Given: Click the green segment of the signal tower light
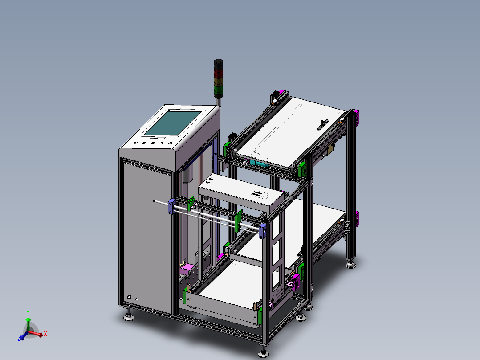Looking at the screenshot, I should coord(218,92).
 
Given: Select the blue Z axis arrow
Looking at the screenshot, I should coord(21,337).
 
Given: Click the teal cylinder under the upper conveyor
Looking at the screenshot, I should coord(257,163).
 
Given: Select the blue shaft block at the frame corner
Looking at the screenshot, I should coord(262,231).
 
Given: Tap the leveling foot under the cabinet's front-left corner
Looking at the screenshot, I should coord(130,317).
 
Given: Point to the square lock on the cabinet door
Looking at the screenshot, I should coord(129,297).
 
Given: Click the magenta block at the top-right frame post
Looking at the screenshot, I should coord(356,117).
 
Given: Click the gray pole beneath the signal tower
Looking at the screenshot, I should coord(219,102).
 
